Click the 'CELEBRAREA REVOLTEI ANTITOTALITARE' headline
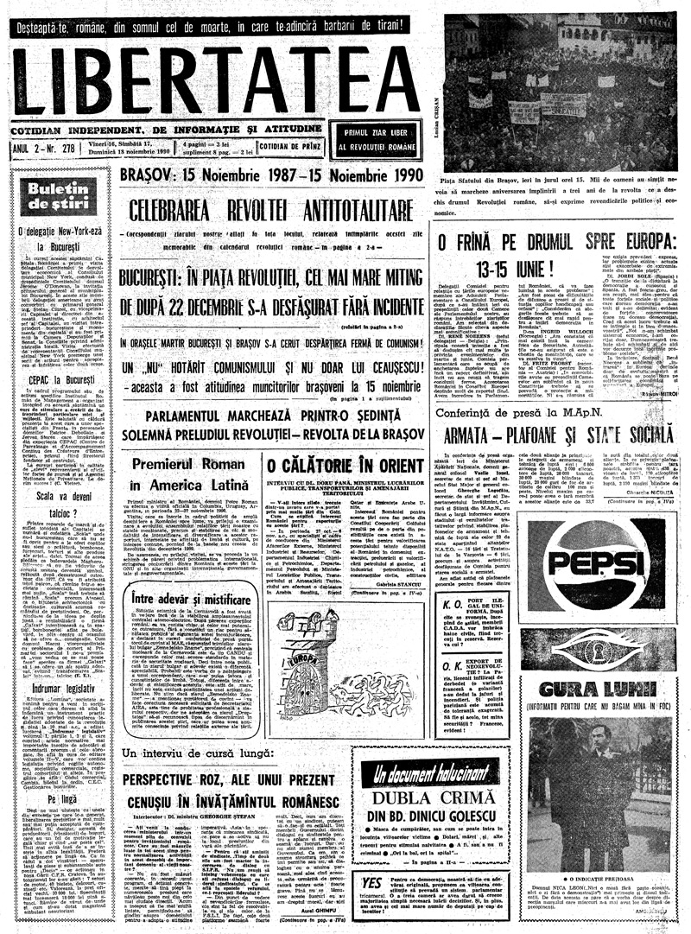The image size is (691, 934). point(267,208)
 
